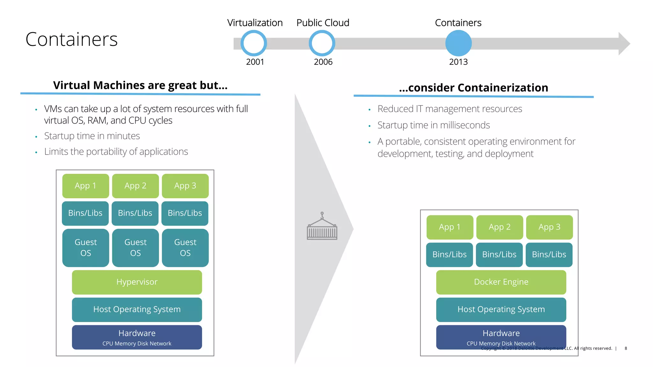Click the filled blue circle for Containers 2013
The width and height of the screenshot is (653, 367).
pyautogui.click(x=458, y=43)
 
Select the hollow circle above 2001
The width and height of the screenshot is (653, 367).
pyautogui.click(x=254, y=43)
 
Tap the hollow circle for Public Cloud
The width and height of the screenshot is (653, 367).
pyautogui.click(x=322, y=43)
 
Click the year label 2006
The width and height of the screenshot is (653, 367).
pyautogui.click(x=323, y=62)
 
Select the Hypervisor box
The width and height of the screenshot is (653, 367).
pyautogui.click(x=137, y=282)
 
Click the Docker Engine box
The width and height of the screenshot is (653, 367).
pyautogui.click(x=501, y=282)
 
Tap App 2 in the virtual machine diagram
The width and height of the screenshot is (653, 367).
pyautogui.click(x=135, y=186)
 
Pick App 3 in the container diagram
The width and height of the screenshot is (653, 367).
pyautogui.click(x=549, y=227)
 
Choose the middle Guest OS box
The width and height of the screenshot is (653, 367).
pyautogui.click(x=135, y=248)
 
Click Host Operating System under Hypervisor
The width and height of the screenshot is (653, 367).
pyautogui.click(x=137, y=309)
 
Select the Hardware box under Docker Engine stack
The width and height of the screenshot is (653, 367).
pyautogui.click(x=501, y=337)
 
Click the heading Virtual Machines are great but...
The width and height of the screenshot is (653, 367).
pyautogui.click(x=140, y=85)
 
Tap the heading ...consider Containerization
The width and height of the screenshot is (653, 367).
pyautogui.click(x=473, y=88)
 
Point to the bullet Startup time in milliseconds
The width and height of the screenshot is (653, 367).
pyautogui.click(x=433, y=125)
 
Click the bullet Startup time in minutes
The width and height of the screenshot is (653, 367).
pyautogui.click(x=92, y=136)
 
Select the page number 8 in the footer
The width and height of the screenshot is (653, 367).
pyautogui.click(x=626, y=348)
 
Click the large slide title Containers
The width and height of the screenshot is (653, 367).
pyautogui.click(x=71, y=40)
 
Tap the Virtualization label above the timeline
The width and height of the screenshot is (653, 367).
pyautogui.click(x=255, y=23)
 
